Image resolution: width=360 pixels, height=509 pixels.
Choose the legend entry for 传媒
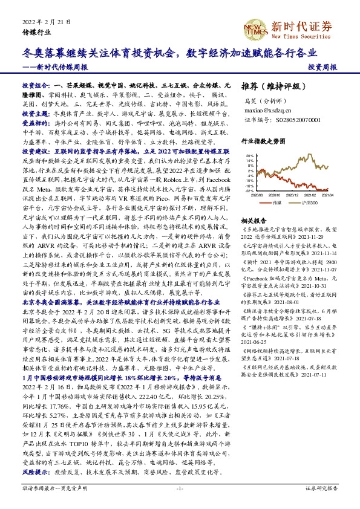click(x=278, y=203)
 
